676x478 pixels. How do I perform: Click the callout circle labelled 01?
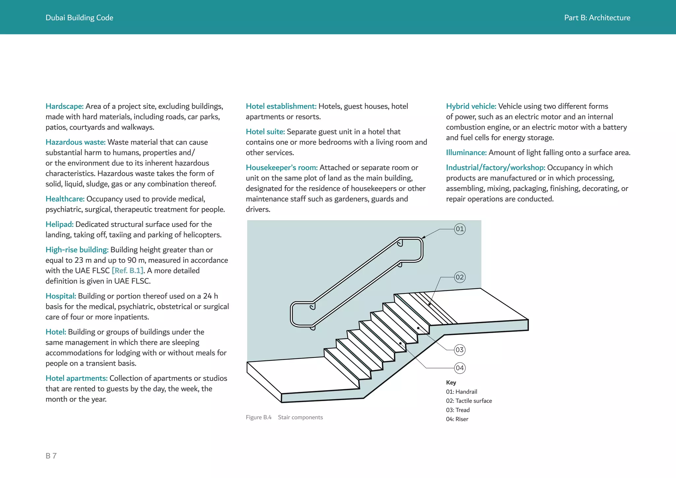pos(459,229)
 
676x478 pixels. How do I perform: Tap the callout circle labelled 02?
pos(459,277)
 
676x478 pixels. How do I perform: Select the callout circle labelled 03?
pos(459,350)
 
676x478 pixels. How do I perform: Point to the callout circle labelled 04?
pos(459,368)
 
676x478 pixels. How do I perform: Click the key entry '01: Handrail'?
pos(461,392)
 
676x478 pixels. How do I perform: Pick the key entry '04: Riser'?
pos(457,419)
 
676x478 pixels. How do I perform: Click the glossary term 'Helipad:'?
pos(59,224)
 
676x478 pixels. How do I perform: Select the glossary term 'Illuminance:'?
pos(466,153)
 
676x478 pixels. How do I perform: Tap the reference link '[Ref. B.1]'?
pos(127,271)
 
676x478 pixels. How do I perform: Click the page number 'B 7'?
pos(51,456)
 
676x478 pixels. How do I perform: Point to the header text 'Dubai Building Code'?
pos(79,18)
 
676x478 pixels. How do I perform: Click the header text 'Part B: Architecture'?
pos(597,18)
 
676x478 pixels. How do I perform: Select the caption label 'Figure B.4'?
pos(258,418)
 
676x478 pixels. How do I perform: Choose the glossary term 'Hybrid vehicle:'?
pos(471,106)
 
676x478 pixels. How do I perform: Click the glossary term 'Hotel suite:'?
pos(265,132)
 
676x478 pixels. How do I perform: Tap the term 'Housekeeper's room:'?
pos(282,168)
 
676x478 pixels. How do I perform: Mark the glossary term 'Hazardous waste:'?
pos(75,142)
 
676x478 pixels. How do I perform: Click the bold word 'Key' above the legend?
pos(451,383)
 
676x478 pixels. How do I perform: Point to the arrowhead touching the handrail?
pos(423,237)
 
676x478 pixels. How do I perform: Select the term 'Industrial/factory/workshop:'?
pos(495,168)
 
